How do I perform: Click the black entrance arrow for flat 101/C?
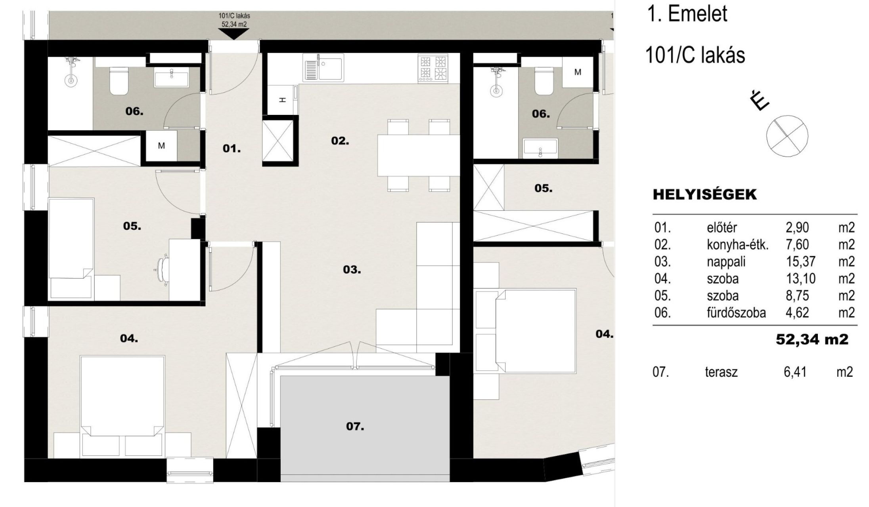234,34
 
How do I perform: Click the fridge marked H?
282,99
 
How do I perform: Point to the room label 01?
232,149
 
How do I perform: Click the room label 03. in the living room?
352,270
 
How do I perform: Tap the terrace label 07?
355,426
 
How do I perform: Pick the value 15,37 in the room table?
800,262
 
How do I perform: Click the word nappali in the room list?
726,262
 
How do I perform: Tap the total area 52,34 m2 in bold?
812,339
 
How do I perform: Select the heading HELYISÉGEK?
704,194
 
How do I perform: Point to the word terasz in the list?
721,372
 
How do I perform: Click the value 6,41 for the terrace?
795,372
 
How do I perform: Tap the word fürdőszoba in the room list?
736,313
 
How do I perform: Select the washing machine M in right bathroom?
578,72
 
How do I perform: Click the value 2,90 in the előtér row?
797,228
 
